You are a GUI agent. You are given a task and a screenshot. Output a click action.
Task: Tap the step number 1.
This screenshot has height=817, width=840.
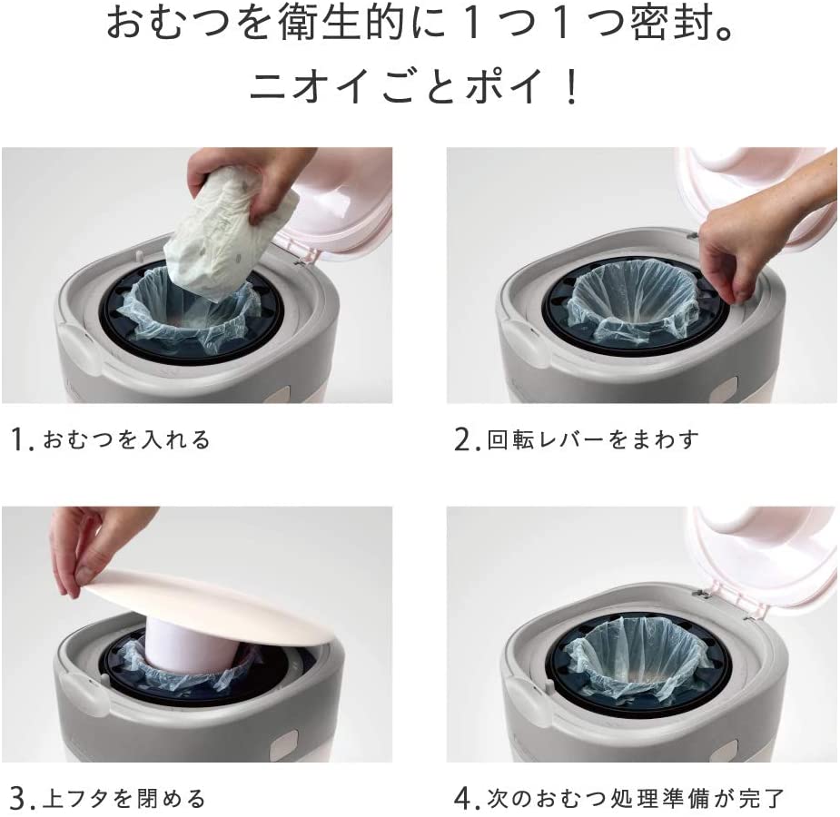pos(19,440)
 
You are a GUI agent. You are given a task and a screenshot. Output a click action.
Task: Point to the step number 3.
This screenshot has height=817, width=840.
pos(19,799)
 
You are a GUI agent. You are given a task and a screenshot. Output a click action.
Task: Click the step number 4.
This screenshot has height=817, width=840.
pos(463,799)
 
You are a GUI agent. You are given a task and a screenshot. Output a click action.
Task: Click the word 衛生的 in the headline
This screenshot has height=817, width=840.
pos(341,25)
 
